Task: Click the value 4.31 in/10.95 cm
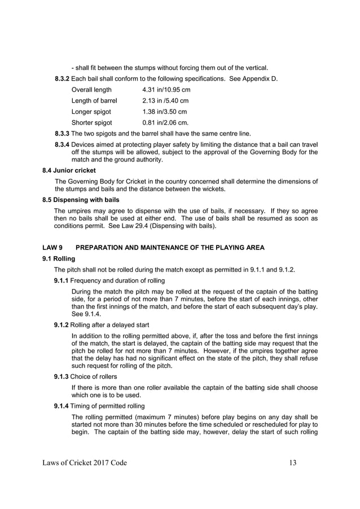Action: click(x=166, y=90)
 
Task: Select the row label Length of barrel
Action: click(x=94, y=100)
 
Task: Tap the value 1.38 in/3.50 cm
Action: click(x=164, y=111)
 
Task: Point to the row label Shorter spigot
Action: click(x=91, y=122)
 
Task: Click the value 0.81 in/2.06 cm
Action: click(x=166, y=122)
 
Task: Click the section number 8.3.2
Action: click(x=62, y=78)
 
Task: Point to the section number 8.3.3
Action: click(x=62, y=134)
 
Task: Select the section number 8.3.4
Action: click(x=62, y=144)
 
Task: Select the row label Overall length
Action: click(x=91, y=90)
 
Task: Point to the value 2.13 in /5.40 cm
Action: click(x=166, y=100)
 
